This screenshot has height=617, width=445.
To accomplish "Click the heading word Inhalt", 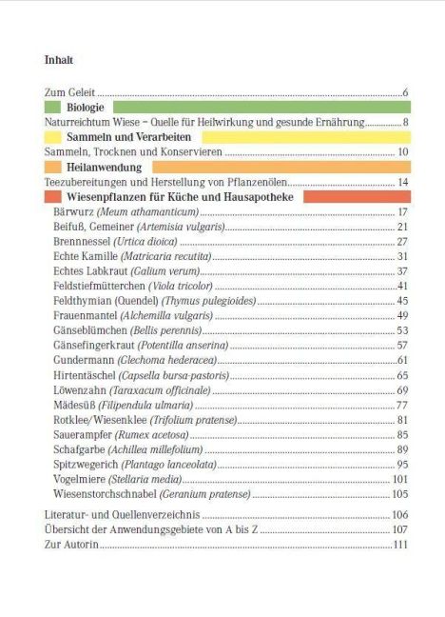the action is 59,60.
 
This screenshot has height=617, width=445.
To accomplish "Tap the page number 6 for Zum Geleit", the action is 405,92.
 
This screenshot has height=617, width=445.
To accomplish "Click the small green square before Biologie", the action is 52,107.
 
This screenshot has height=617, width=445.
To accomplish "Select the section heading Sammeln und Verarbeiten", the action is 129,137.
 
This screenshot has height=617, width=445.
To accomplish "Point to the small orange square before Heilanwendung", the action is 53,167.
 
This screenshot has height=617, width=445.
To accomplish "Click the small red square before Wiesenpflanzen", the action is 53,196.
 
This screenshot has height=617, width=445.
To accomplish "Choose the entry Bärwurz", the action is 73,211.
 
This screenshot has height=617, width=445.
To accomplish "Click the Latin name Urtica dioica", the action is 145,241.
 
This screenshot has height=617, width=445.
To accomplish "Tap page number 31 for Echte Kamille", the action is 402,256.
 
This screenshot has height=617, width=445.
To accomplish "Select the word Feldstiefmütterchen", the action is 99,286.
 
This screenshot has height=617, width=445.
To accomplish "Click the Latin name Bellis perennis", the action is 165,330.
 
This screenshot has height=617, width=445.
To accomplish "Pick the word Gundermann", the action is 84,360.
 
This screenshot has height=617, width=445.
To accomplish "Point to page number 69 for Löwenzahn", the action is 402,390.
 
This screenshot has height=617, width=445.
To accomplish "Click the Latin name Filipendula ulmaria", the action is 145,405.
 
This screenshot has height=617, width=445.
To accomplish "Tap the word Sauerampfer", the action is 83,435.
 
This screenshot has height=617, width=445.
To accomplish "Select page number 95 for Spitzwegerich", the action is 402,465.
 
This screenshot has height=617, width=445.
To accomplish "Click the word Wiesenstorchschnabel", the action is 105,494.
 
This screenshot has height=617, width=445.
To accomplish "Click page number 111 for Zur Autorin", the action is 400,545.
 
